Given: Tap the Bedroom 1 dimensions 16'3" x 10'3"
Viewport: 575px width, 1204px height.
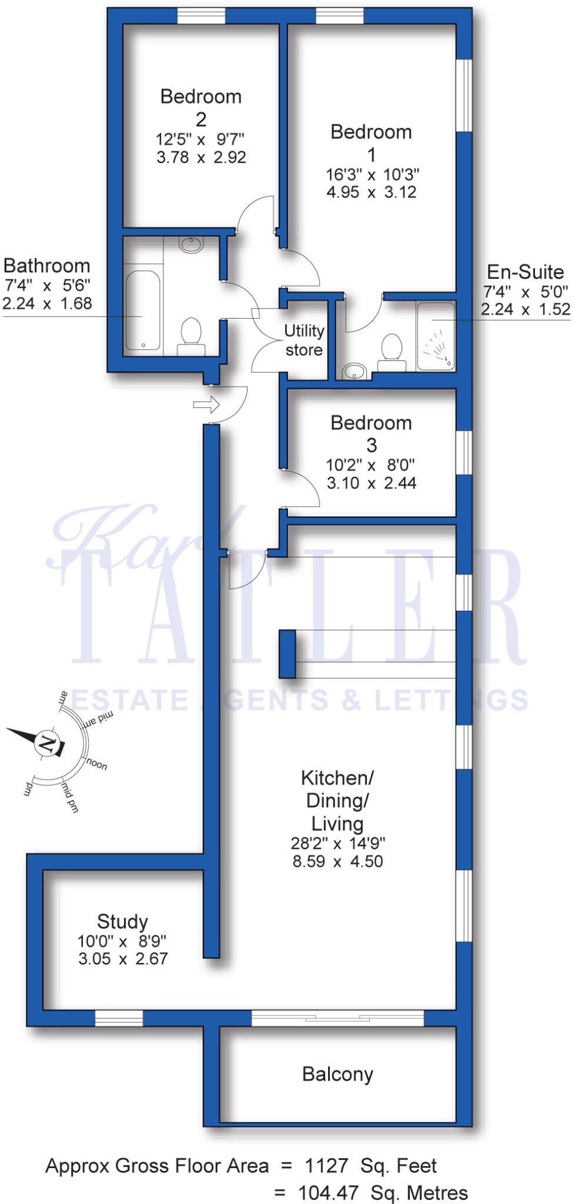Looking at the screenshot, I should (x=372, y=175).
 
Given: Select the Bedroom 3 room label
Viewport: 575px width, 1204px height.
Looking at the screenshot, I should (x=371, y=433).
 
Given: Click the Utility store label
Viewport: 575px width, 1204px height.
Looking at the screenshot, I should (x=304, y=340).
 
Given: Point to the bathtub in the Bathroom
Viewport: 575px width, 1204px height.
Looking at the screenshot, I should (x=143, y=310).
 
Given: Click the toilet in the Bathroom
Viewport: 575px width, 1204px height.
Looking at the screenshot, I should (x=191, y=336).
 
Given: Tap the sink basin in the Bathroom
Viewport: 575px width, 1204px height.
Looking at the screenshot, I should (x=191, y=243).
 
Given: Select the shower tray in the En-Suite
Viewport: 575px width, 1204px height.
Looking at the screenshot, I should (x=436, y=336).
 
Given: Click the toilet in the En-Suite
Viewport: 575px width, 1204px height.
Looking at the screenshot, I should (x=391, y=352).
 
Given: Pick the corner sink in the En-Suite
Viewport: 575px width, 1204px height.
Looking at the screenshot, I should (x=355, y=371).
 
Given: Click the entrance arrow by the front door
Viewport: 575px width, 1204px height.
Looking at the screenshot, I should (x=206, y=404).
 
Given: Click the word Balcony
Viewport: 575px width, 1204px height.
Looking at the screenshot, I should (x=337, y=1074).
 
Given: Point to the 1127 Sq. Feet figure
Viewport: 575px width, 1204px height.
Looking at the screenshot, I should (x=370, y=1165).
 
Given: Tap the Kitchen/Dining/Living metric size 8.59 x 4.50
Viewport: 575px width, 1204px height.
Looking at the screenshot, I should (x=337, y=861).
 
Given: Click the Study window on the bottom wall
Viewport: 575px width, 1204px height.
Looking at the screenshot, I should (x=119, y=1018).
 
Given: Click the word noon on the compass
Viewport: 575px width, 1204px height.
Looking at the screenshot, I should (x=97, y=764).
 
